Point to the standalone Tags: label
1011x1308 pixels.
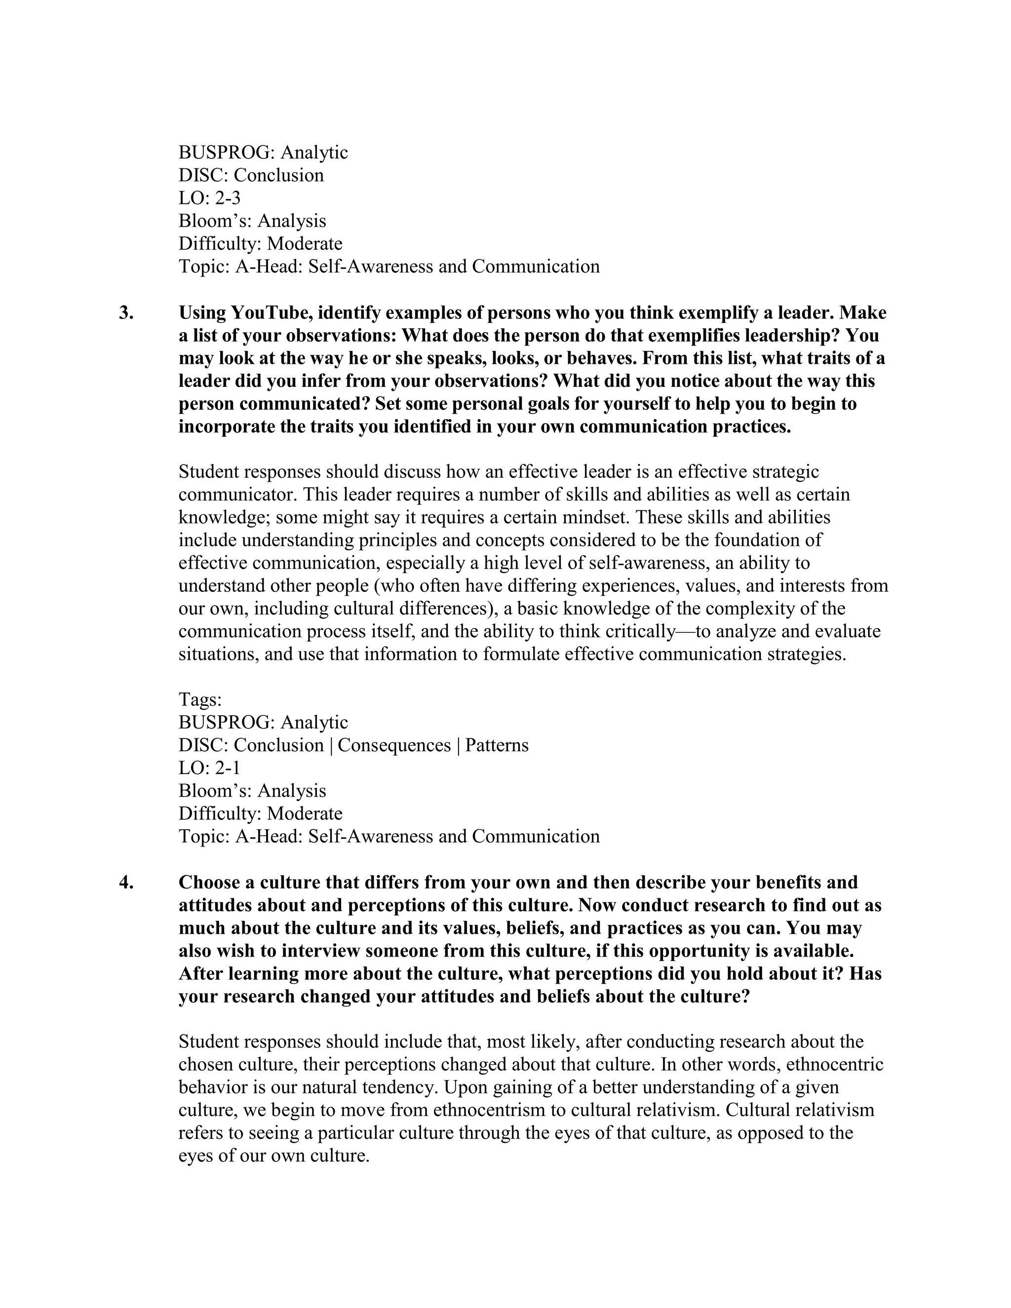[200, 699]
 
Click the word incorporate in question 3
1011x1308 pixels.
[228, 426]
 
